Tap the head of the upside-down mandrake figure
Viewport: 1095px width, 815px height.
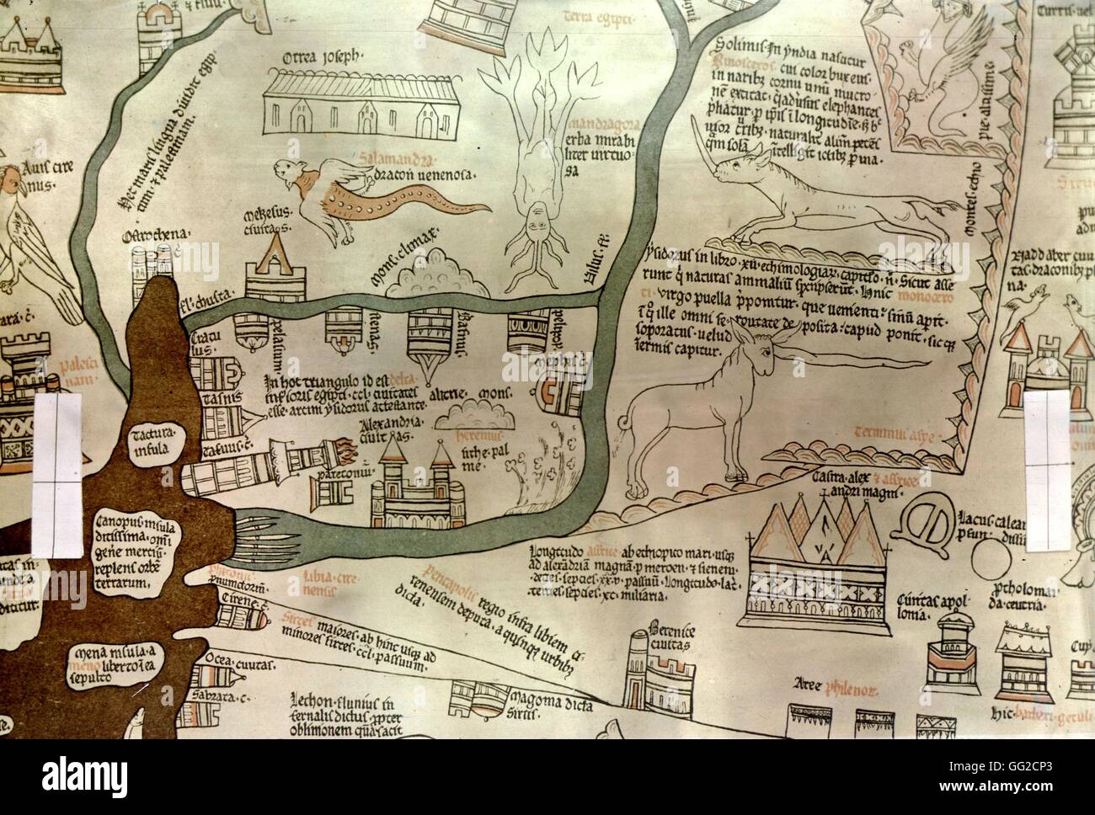pyautogui.click(x=537, y=223)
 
